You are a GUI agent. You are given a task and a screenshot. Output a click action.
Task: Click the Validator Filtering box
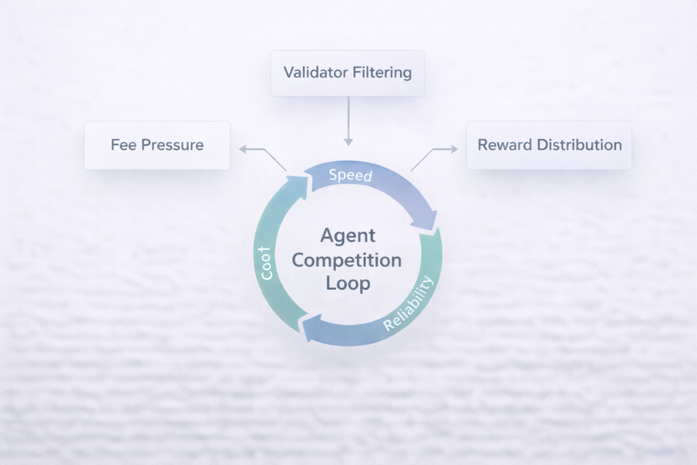pyautogui.click(x=348, y=72)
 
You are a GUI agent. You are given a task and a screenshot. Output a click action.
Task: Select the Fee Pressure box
pyautogui.click(x=157, y=145)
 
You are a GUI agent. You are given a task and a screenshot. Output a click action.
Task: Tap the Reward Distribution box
pyautogui.click(x=549, y=145)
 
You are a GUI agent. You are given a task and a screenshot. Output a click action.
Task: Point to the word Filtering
pyautogui.click(x=381, y=72)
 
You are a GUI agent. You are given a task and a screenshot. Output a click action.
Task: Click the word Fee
pyautogui.click(x=123, y=145)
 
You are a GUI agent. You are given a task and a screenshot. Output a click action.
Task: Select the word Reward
pyautogui.click(x=503, y=145)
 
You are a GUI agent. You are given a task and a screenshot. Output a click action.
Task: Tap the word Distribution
pyautogui.click(x=577, y=145)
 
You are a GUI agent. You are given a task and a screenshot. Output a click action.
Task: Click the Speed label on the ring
pyautogui.click(x=350, y=175)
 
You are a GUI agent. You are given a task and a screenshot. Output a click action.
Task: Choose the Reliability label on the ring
pyautogui.click(x=411, y=304)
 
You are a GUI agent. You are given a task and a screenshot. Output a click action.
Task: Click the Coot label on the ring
pyautogui.click(x=267, y=264)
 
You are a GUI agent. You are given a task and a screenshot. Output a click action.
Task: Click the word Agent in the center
pyautogui.click(x=348, y=236)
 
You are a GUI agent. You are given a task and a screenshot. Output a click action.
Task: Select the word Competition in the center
pyautogui.click(x=348, y=259)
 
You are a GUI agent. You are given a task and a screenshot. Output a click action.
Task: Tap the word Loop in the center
pyautogui.click(x=348, y=283)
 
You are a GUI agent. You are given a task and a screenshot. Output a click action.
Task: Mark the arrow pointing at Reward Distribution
pyautogui.click(x=434, y=153)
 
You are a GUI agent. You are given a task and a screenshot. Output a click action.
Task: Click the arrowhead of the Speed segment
pyautogui.click(x=427, y=221)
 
